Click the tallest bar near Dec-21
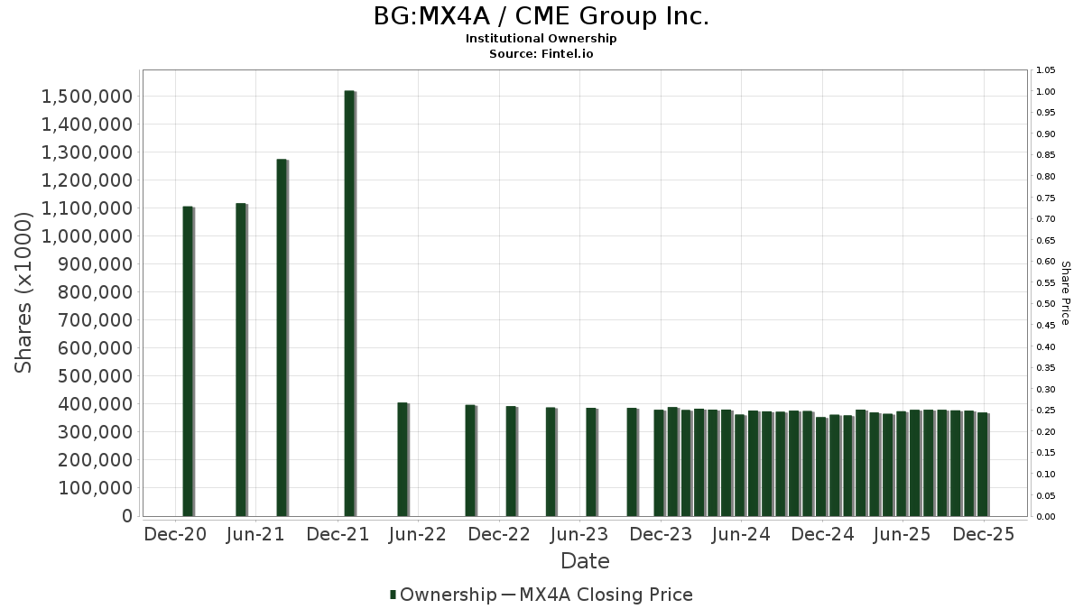(349, 303)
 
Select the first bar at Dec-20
(188, 361)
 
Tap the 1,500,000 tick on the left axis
(88, 97)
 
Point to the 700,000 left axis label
(88, 320)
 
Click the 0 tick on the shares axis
(127, 516)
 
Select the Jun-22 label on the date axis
(417, 534)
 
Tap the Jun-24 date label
(741, 534)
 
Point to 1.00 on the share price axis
(1046, 91)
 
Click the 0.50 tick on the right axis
(1046, 304)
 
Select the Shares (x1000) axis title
(24, 292)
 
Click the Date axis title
(585, 561)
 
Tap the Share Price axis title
(1066, 292)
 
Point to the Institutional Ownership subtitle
(541, 39)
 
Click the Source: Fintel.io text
(541, 54)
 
